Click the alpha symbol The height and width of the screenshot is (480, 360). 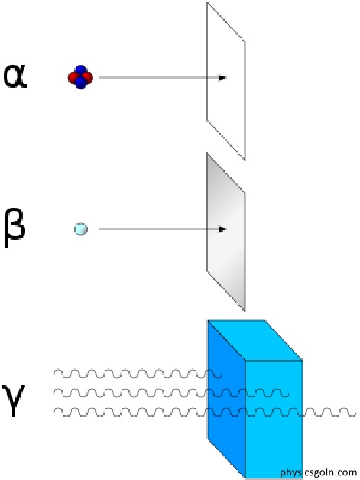pyautogui.click(x=15, y=76)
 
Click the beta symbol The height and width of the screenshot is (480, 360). pyautogui.click(x=14, y=227)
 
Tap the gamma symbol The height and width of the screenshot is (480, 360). pyautogui.click(x=13, y=400)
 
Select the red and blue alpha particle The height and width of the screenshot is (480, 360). pyautogui.click(x=80, y=77)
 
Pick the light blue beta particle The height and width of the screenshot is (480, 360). pyautogui.click(x=81, y=229)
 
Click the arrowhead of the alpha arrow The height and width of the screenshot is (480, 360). pyautogui.click(x=222, y=78)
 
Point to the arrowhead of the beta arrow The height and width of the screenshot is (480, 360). pyautogui.click(x=222, y=229)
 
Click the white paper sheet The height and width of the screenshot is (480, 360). pyautogui.click(x=226, y=81)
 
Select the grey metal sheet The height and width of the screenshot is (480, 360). pyautogui.click(x=226, y=232)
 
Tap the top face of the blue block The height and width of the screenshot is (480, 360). pyautogui.click(x=255, y=340)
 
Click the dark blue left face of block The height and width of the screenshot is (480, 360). pyautogui.click(x=226, y=398)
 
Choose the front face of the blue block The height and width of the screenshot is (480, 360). pyautogui.click(x=274, y=419)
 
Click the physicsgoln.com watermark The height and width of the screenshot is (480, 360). pyautogui.click(x=319, y=472)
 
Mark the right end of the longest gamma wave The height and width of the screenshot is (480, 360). pyautogui.click(x=355, y=414)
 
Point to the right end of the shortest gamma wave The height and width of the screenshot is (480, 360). pyautogui.click(x=221, y=376)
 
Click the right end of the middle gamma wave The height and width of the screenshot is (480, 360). pyautogui.click(x=288, y=395)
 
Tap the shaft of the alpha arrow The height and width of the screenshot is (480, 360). pyautogui.click(x=158, y=78)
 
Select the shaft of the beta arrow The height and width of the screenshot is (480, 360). pyautogui.click(x=158, y=229)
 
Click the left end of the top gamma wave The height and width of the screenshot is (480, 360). pyautogui.click(x=54, y=372)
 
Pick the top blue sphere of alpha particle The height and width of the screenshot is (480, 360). pyautogui.click(x=80, y=70)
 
